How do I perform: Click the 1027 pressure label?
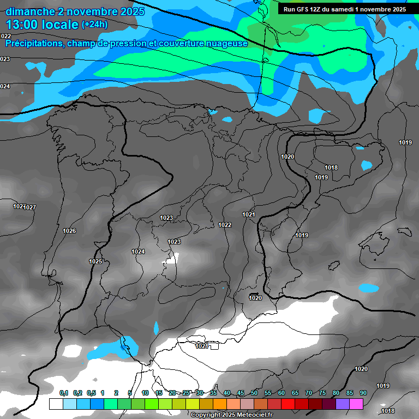[x=30, y=207]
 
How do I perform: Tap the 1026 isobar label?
[x=69, y=231]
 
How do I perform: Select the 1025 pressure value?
[x=95, y=261]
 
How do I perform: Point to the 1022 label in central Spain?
[x=225, y=225]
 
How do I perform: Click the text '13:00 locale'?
[x=42, y=24]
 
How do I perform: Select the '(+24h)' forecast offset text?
[x=94, y=24]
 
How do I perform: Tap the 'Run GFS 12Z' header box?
[x=345, y=9]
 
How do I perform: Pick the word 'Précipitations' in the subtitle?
[x=33, y=43]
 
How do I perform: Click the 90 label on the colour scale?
[x=363, y=393]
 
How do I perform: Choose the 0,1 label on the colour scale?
[x=63, y=393]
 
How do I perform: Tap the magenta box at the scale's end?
[x=356, y=404]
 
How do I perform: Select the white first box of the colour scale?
[x=56, y=404]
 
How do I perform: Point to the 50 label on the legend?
[x=254, y=393]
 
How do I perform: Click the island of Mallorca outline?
[x=376, y=240]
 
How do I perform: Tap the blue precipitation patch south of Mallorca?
[x=369, y=288]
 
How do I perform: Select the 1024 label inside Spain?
[x=138, y=252]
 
